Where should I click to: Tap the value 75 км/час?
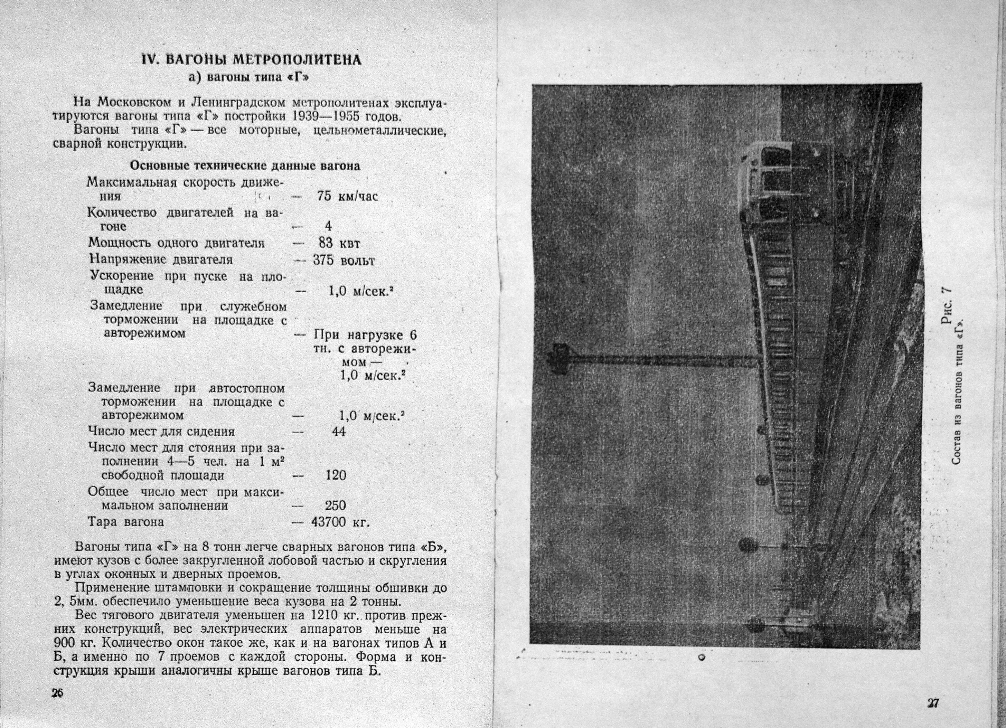click(x=347, y=196)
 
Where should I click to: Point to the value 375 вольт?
click(x=343, y=260)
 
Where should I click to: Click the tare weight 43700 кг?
click(x=340, y=522)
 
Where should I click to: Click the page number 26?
click(x=57, y=693)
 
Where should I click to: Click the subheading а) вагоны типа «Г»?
click(x=248, y=77)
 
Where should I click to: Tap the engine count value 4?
click(x=328, y=226)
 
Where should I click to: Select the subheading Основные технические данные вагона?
click(x=244, y=166)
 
